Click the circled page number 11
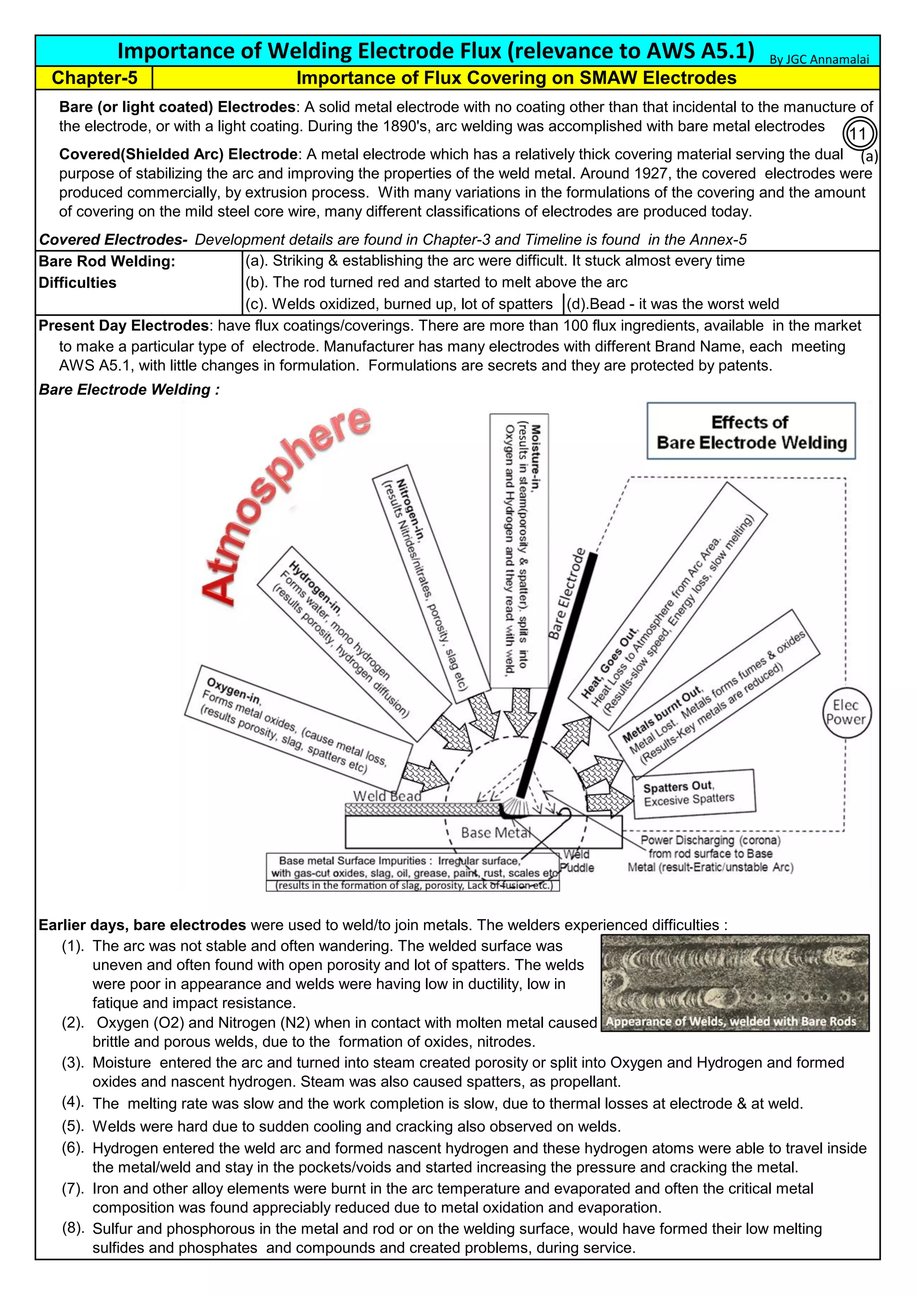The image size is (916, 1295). (x=858, y=134)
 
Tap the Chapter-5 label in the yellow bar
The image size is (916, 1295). (x=94, y=78)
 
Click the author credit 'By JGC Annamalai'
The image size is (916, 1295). (x=819, y=59)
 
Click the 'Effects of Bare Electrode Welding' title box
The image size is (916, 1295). (x=751, y=432)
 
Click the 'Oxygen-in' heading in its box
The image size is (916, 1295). (x=233, y=691)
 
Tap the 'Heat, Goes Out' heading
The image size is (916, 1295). (x=609, y=661)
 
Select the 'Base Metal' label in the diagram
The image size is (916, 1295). (x=495, y=833)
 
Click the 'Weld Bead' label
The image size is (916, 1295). (x=387, y=796)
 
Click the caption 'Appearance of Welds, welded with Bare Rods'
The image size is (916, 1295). (x=730, y=1021)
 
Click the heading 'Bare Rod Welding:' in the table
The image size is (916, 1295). (x=106, y=261)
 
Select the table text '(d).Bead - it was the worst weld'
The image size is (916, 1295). (x=672, y=304)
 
